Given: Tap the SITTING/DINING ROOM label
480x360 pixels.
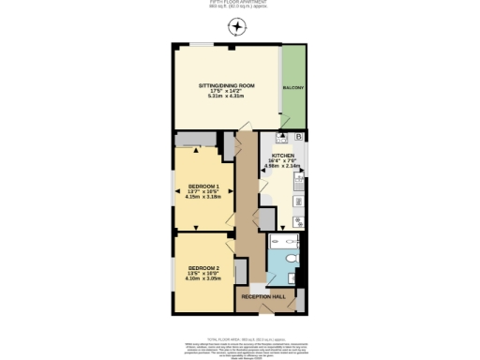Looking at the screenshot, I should tap(226, 85).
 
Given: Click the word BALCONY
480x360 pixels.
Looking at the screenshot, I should tap(293, 87).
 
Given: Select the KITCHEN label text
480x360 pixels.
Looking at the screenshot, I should tap(283, 157).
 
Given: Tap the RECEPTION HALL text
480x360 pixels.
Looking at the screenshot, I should tap(262, 296).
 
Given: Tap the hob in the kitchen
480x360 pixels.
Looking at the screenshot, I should tap(297, 222).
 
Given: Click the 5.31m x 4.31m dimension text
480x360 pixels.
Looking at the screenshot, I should tap(226, 96).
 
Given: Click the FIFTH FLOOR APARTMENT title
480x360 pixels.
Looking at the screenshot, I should tap(240, 3).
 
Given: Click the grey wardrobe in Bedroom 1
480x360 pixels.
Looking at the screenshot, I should tap(194, 141).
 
